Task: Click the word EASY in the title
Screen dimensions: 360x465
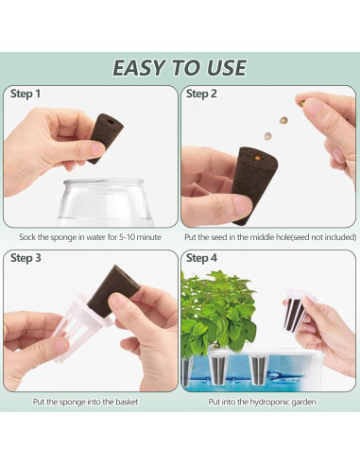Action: click(139, 68)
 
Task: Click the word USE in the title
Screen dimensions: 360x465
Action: click(225, 68)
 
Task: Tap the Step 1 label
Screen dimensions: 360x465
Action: click(26, 94)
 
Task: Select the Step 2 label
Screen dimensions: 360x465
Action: click(201, 94)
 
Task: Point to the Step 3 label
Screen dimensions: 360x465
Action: click(26, 258)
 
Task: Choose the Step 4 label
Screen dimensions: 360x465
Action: click(201, 258)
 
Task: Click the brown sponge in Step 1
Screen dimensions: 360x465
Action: click(104, 137)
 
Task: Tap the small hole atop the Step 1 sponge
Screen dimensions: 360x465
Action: click(111, 121)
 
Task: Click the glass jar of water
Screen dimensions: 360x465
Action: click(104, 202)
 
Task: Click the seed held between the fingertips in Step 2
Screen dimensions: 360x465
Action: click(300, 103)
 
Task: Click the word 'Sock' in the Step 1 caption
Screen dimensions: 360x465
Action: click(27, 237)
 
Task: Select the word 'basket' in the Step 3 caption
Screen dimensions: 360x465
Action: click(127, 402)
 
